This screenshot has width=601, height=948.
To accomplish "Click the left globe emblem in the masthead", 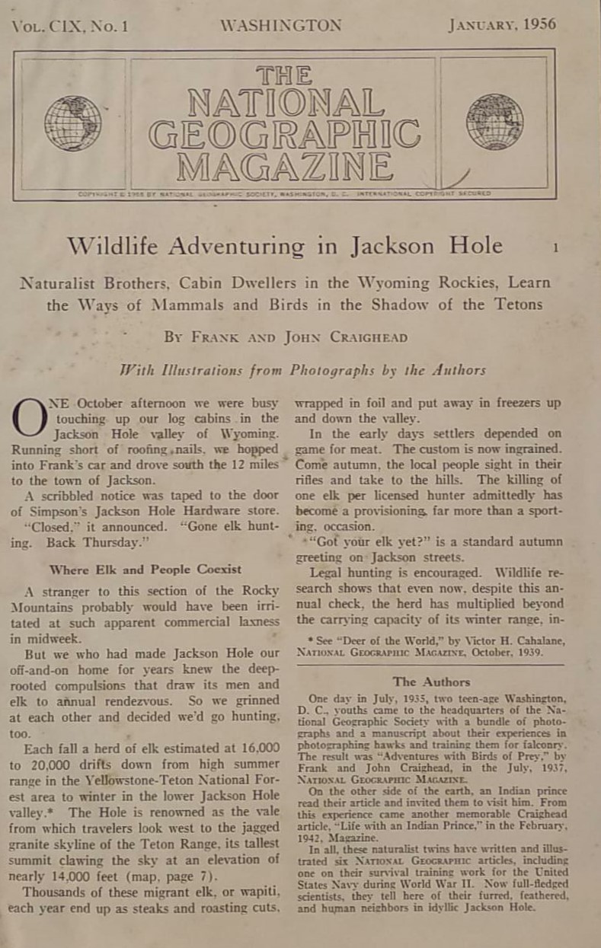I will tap(72, 123).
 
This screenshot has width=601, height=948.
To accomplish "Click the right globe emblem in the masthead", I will tap(494, 122).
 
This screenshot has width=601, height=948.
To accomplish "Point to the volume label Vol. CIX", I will tap(46, 27).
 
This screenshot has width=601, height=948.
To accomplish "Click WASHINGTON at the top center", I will tap(280, 26).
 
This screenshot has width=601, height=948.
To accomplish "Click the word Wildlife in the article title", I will tap(110, 246).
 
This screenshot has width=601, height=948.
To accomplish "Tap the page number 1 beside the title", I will tap(556, 247).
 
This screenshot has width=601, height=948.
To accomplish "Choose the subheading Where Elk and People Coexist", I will tap(145, 569).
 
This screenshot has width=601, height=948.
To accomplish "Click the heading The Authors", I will tap(431, 681).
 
